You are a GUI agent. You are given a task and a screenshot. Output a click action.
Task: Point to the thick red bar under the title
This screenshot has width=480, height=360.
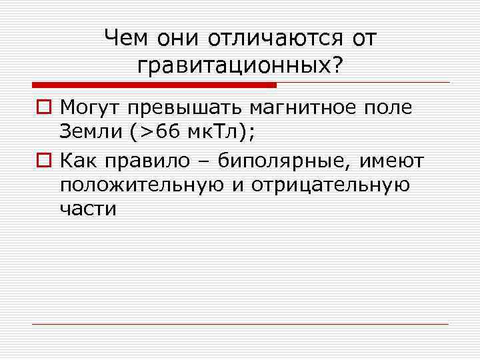point(153,85)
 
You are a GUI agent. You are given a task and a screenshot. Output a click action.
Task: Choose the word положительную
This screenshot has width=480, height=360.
point(141,185)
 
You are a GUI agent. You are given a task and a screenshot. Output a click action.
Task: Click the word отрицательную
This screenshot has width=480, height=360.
point(330,185)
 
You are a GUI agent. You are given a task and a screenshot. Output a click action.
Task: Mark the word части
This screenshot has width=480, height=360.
point(88,210)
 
